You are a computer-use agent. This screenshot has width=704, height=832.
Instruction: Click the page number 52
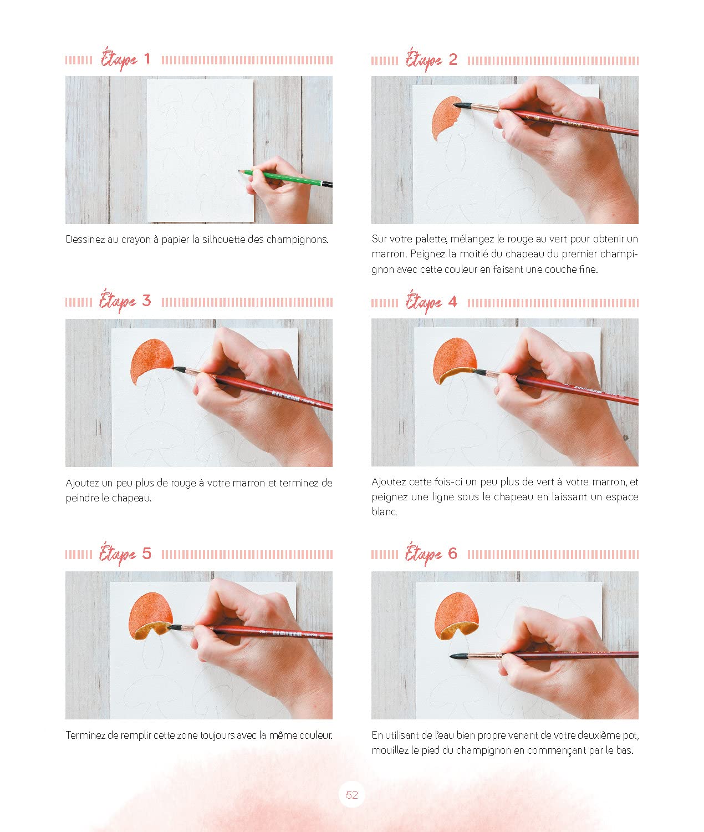pyautogui.click(x=351, y=795)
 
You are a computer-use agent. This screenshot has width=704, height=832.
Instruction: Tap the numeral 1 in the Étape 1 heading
pyautogui.click(x=147, y=59)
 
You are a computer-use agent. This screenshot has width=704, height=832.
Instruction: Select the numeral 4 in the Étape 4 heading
pyautogui.click(x=452, y=302)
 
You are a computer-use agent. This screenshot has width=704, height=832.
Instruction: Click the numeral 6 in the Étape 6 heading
pyautogui.click(x=452, y=554)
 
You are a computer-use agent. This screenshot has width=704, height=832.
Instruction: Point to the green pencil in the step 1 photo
pyautogui.click(x=285, y=178)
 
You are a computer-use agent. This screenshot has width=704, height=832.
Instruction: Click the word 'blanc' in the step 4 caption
pyautogui.click(x=384, y=511)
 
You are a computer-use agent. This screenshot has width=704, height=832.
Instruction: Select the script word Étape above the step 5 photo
pyautogui.click(x=118, y=554)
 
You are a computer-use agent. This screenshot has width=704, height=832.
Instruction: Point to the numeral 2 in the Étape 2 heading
pyautogui.click(x=453, y=59)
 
